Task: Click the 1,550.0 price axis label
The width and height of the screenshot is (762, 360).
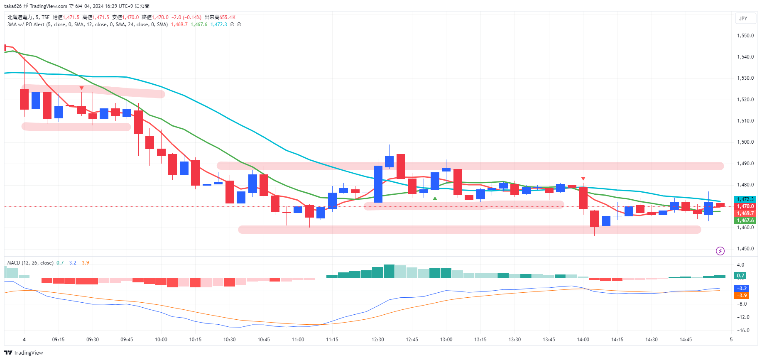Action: [745, 36]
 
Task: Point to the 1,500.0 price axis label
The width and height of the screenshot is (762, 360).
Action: [745, 142]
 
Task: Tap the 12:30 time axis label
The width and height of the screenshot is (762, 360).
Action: [377, 340]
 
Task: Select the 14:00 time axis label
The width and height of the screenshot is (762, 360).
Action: [583, 340]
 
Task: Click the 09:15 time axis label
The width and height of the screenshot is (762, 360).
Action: [58, 340]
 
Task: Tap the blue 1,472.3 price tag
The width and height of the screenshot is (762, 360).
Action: [745, 199]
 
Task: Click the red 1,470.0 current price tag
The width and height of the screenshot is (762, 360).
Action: [745, 206]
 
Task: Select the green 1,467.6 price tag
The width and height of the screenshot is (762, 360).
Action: [745, 220]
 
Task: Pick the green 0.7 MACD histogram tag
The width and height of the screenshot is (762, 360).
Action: [740, 275]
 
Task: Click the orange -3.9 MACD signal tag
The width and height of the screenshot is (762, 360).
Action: [742, 296]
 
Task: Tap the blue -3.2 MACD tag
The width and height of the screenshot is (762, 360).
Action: [742, 288]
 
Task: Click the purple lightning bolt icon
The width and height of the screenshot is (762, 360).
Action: [720, 251]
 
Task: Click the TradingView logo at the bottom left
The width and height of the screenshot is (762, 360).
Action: [24, 353]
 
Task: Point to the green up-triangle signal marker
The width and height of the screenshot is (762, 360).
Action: [435, 198]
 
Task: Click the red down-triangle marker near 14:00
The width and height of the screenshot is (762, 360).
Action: [583, 179]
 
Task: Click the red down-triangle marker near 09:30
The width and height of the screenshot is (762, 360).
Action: [81, 88]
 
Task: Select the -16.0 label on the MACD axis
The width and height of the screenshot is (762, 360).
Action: [743, 331]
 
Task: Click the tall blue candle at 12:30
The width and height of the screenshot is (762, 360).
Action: [378, 184]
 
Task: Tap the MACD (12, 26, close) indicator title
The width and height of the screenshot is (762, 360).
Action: [30, 263]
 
